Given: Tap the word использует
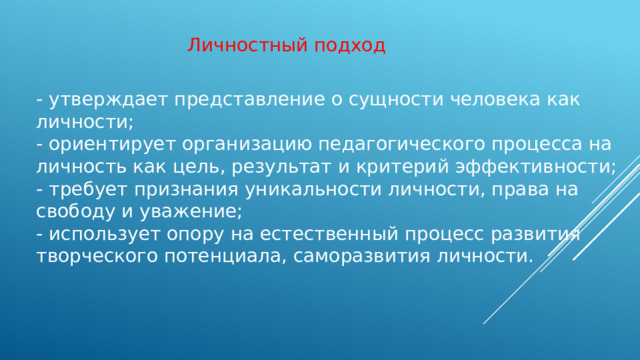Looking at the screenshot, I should click(101, 234).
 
